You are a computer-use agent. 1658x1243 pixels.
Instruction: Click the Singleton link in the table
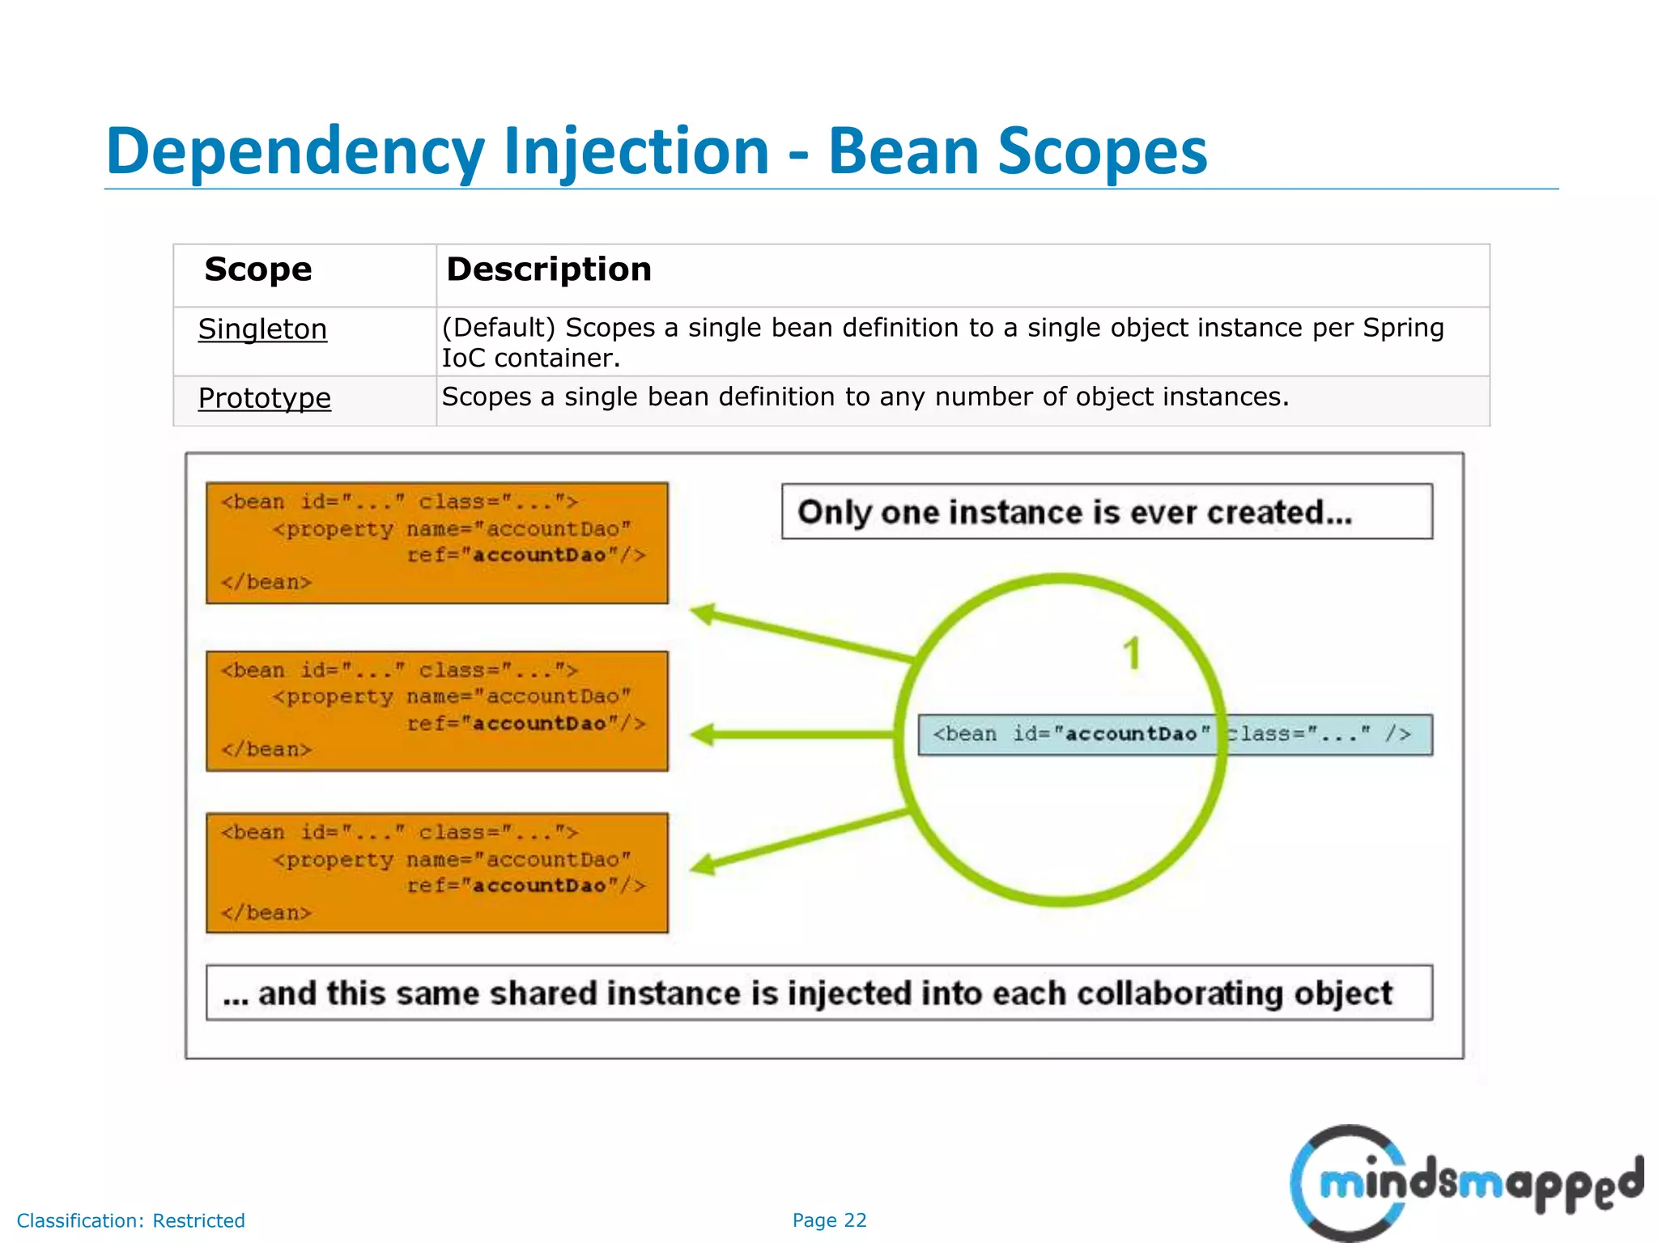click(262, 329)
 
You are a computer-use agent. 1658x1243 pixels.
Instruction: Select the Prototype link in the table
click(264, 398)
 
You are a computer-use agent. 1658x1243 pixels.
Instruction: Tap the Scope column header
click(257, 269)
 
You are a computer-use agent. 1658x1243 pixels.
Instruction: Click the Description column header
click(549, 269)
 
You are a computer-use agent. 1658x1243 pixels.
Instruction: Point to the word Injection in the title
click(636, 151)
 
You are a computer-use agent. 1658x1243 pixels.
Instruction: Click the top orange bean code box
click(437, 543)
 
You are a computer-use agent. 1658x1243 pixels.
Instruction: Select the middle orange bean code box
click(437, 711)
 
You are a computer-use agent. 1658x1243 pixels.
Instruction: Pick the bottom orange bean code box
click(437, 872)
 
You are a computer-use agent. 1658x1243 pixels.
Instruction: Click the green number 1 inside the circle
click(1132, 654)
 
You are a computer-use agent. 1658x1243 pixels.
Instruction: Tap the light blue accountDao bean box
click(1174, 735)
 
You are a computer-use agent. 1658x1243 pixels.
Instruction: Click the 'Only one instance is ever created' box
click(1106, 511)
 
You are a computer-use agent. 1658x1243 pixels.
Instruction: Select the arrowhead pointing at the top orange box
click(704, 614)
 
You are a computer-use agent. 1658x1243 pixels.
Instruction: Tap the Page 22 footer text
click(829, 1220)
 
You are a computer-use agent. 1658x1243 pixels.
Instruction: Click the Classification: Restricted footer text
click(130, 1220)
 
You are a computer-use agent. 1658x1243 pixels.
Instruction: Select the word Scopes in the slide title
click(1103, 151)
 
